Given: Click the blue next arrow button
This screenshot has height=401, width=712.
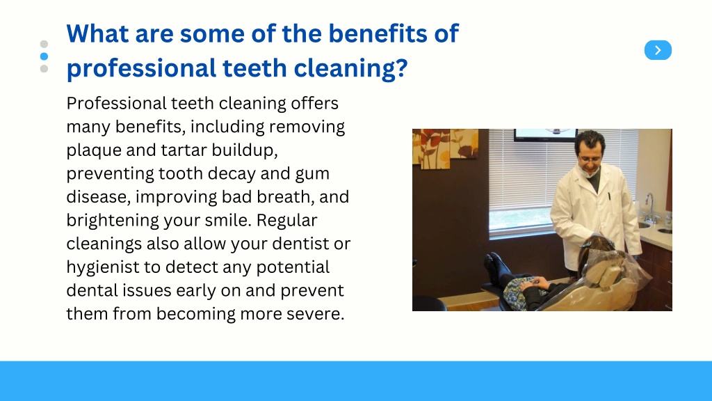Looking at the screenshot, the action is tap(658, 50).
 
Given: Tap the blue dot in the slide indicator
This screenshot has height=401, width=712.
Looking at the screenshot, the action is tap(44, 56).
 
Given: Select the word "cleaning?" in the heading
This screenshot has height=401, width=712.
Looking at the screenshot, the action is tap(350, 69).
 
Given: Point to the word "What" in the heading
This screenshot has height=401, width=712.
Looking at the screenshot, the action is tap(97, 33).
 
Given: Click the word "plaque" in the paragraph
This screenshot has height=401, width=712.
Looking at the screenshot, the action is tap(94, 151).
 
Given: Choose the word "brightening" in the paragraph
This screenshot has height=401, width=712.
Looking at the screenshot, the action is tap(112, 221).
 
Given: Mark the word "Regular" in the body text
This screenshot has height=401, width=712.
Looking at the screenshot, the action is tap(286, 221).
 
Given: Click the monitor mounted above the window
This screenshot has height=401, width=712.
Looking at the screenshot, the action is tap(545, 134).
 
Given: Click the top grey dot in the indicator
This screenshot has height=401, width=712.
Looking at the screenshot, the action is tap(44, 44).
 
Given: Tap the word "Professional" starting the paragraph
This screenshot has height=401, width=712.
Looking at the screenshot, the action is tap(116, 104).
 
